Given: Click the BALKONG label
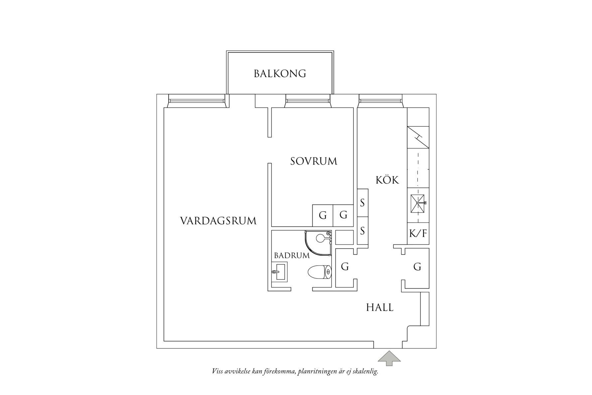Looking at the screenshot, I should pyautogui.click(x=280, y=74).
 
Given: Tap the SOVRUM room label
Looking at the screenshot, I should pyautogui.click(x=314, y=161).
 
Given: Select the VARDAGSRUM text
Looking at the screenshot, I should pyautogui.click(x=218, y=221).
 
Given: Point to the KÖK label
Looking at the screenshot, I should pyautogui.click(x=387, y=180).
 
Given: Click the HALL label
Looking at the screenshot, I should pyautogui.click(x=380, y=307).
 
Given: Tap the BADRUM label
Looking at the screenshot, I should pyautogui.click(x=292, y=256).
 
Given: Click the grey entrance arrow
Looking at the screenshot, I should pyautogui.click(x=389, y=358).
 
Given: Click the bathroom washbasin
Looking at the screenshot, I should pyautogui.click(x=279, y=272).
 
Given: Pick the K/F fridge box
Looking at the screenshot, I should pyautogui.click(x=418, y=234).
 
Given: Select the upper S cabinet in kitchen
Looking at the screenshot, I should pyautogui.click(x=363, y=202).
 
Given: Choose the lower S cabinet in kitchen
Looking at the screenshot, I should pyautogui.click(x=363, y=231).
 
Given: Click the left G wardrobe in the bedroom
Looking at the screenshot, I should pyautogui.click(x=323, y=215).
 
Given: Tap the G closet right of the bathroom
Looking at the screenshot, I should pyautogui.click(x=345, y=267).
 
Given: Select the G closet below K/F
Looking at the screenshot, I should pyautogui.click(x=417, y=267).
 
